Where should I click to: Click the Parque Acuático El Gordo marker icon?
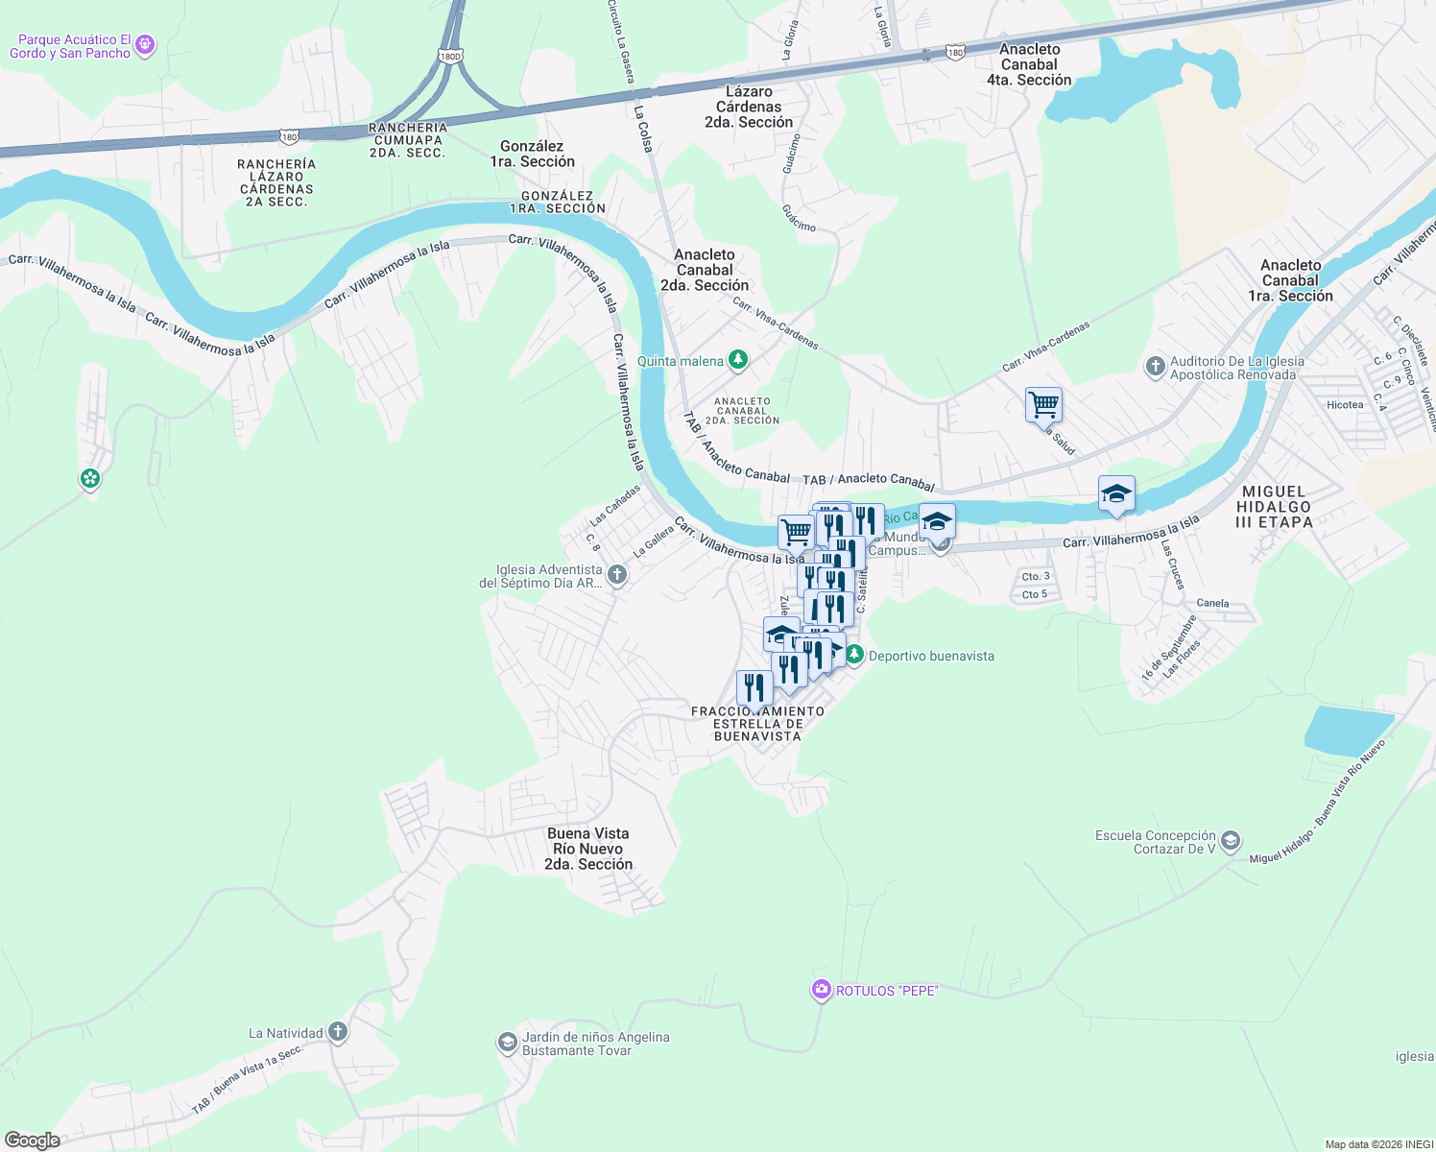[145, 44]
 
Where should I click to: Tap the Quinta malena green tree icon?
[737, 360]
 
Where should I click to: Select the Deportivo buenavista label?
[930, 656]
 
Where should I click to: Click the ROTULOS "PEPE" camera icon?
[821, 990]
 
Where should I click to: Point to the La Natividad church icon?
[337, 1032]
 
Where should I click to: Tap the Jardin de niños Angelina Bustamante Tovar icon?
[507, 1043]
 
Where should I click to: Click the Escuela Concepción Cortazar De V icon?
[1231, 842]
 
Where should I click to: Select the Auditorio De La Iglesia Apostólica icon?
[1156, 366]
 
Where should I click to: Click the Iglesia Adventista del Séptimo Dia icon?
[617, 575]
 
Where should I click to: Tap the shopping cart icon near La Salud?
[1043, 404]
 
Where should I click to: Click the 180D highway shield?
[450, 57]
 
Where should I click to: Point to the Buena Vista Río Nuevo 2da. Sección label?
[588, 849]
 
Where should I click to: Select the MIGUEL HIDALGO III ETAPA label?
[1274, 507]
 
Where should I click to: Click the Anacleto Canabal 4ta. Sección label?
[1029, 64]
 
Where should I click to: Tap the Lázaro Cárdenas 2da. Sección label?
[749, 107]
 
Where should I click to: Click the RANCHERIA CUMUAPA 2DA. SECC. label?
[408, 140]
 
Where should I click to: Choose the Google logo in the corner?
[33, 1140]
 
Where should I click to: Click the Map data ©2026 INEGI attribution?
[1378, 1144]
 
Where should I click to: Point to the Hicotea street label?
[1345, 404]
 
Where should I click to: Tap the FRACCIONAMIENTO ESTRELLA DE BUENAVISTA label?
[757, 724]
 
